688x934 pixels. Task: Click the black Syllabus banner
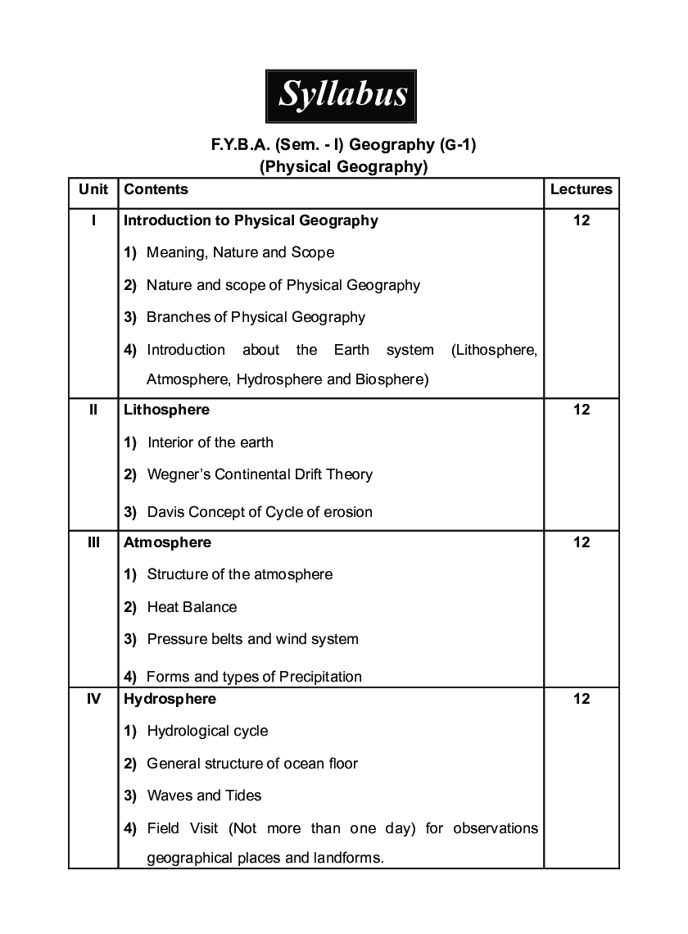point(342,95)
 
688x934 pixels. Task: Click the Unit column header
point(93,189)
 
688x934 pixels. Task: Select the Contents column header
point(156,189)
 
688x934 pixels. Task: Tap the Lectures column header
point(581,189)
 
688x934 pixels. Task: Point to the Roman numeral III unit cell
point(93,542)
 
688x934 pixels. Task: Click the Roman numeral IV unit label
point(93,699)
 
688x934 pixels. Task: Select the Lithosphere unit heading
point(166,410)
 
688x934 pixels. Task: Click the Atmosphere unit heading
point(167,542)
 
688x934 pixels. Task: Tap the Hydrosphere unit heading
point(170,699)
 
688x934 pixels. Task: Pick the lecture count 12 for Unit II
point(581,410)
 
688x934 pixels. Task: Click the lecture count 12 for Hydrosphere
point(581,699)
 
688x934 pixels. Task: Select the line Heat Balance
point(192,607)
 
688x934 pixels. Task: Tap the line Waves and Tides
point(204,796)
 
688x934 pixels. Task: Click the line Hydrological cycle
point(207,731)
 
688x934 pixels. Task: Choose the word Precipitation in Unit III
point(320,677)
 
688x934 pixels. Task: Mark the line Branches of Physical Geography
point(256,317)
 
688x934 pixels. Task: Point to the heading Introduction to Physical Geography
point(251,220)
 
